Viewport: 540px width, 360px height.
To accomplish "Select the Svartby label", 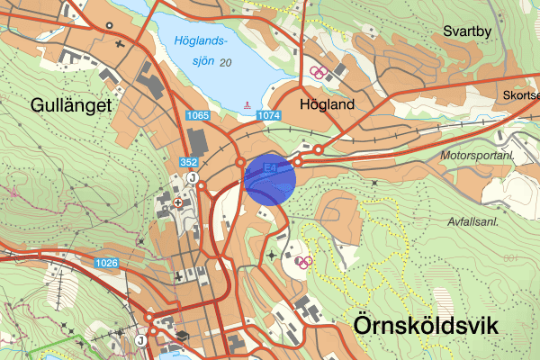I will [x=468, y=31].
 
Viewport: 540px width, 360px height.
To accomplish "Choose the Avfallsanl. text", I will [x=478, y=220].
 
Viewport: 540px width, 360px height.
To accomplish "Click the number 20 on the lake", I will [x=225, y=62].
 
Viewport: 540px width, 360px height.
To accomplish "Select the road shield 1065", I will [x=199, y=116].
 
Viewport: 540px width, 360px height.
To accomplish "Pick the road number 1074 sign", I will [x=269, y=116].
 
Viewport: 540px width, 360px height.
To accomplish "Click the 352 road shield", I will [x=188, y=162].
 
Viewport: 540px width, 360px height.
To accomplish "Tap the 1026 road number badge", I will [x=107, y=263].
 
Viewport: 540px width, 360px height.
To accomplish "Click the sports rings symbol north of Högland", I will [x=317, y=72].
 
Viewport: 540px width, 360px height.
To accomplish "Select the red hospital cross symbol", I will [x=177, y=203].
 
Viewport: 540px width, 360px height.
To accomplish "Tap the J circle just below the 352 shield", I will [x=192, y=177].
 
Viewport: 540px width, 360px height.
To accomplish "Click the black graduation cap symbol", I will [x=182, y=335].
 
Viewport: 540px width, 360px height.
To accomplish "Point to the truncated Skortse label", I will [x=522, y=95].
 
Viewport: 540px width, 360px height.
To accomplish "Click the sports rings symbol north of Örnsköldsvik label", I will [x=304, y=262].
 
